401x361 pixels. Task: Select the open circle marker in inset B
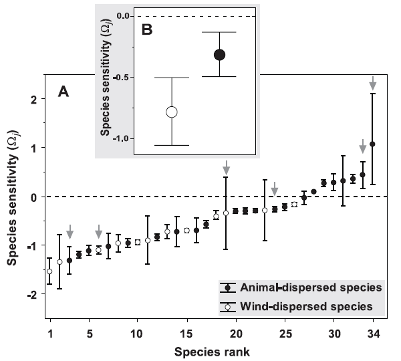tap(172, 112)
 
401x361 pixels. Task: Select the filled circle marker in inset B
tap(220, 55)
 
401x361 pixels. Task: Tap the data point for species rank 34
tap(372, 144)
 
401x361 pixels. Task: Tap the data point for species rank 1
tap(49, 271)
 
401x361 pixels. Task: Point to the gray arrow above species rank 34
tap(372, 83)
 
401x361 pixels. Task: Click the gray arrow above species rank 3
tap(70, 231)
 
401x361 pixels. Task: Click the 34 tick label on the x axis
tap(372, 333)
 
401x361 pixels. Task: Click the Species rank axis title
tap(210, 349)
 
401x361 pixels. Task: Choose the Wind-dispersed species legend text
tap(308, 306)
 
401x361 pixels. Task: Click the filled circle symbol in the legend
tap(229, 287)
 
